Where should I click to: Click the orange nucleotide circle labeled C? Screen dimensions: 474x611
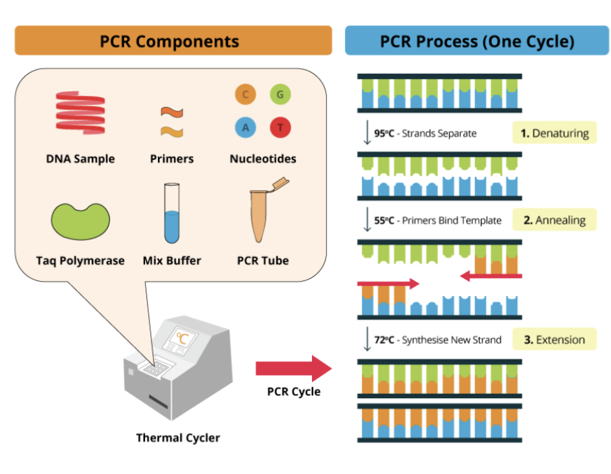(245, 95)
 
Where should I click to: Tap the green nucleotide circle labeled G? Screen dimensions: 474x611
(280, 95)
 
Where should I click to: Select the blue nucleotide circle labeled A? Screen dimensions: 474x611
(245, 128)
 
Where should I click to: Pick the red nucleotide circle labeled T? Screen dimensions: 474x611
(280, 128)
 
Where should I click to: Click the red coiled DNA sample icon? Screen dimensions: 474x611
(80, 112)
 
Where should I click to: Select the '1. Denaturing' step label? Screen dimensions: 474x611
(554, 133)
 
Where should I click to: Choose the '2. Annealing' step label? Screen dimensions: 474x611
(554, 220)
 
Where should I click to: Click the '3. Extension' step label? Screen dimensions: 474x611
(554, 339)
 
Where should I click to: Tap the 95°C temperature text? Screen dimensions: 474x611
(384, 133)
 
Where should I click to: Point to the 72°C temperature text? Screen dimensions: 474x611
(384, 340)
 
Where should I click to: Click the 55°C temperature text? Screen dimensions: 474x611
(384, 220)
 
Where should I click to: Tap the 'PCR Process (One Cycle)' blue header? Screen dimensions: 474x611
(476, 41)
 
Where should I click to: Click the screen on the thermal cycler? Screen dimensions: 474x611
(183, 337)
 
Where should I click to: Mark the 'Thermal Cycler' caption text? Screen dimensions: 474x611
(178, 438)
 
